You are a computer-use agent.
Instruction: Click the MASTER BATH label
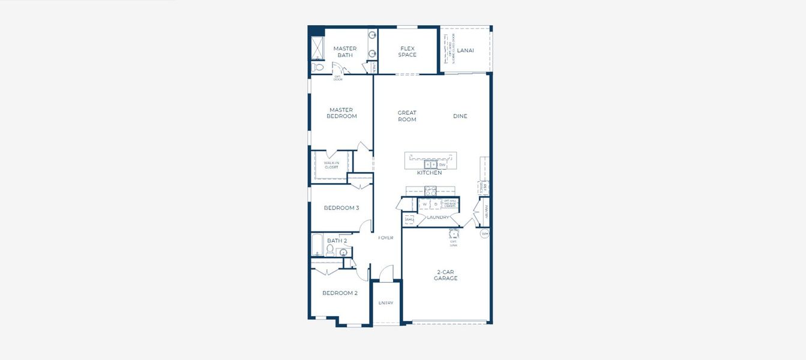coord(345,52)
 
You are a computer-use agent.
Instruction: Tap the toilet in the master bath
coord(318,67)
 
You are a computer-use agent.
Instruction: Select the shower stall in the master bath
coord(316,48)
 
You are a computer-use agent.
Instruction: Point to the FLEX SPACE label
coord(407,52)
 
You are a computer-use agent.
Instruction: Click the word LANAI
coord(465,50)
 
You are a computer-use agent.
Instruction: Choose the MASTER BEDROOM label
coord(341,113)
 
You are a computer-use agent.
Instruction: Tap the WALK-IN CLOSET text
coord(331,165)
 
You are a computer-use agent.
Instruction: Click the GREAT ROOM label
coord(407,116)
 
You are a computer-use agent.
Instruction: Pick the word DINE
coord(460,116)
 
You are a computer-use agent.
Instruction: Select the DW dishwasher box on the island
coord(442,164)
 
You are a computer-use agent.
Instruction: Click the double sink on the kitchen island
coord(430,164)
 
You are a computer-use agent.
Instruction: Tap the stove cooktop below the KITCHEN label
coord(430,191)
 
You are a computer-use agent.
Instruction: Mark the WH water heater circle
coord(484,233)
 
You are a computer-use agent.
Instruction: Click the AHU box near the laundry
coord(409,220)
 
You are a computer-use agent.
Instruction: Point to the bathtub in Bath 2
coord(317,245)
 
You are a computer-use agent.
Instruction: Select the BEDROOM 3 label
coord(341,208)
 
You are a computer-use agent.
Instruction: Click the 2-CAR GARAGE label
coord(446,275)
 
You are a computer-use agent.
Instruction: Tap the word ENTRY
coord(386,303)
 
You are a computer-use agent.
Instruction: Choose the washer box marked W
coord(424,205)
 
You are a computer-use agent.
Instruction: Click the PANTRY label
coord(486,212)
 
